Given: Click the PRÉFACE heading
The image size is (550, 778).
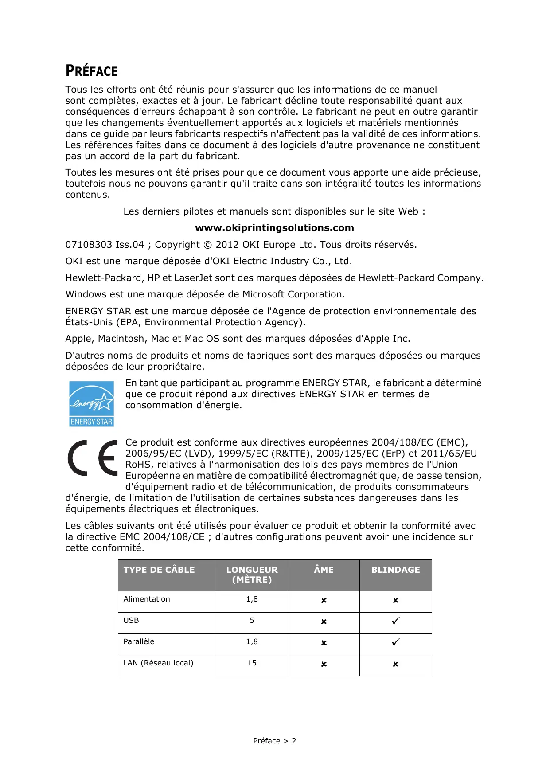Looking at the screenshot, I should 91,71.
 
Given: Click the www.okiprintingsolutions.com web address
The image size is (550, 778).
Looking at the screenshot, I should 274,228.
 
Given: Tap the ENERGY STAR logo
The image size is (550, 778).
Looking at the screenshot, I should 91,404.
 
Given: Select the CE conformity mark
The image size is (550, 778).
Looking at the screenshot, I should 93,458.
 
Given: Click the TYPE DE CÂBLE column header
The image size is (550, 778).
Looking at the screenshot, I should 159,570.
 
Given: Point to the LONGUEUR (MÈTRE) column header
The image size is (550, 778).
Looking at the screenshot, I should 252,575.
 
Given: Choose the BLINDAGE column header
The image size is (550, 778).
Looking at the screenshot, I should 395,570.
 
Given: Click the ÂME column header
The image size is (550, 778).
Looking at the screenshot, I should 324,570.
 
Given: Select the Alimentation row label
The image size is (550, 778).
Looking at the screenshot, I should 147,599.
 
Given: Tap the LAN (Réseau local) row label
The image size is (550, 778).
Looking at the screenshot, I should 158,663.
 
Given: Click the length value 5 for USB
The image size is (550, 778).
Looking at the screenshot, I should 252,621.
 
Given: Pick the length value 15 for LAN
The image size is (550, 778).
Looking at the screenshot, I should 252,663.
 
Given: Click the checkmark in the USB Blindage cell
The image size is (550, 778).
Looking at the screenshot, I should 395,621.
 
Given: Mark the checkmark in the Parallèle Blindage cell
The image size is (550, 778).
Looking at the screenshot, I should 395,642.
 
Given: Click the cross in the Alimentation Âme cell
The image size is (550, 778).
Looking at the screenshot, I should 324,600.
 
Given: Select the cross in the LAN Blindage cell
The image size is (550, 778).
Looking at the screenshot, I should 395,664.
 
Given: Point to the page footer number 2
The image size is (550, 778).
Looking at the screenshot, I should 294,741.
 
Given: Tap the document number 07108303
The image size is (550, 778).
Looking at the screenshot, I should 89,245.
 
